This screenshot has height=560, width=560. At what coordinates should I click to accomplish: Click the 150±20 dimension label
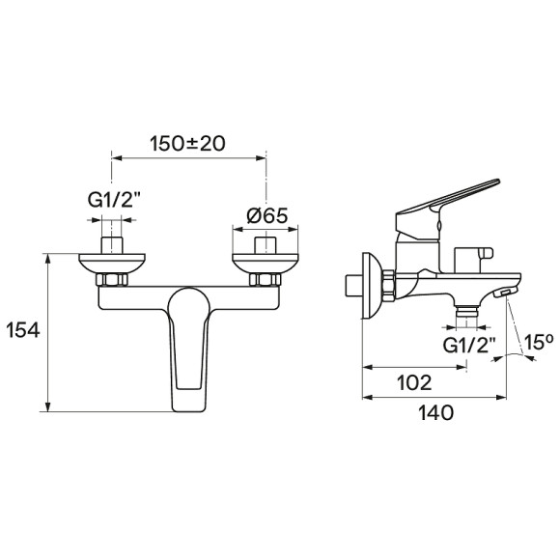(x=188, y=144)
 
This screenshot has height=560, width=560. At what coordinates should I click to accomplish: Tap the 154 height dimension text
(x=23, y=330)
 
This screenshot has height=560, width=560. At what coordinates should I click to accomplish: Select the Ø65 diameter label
(x=267, y=215)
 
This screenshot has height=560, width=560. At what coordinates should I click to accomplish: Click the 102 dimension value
(x=414, y=382)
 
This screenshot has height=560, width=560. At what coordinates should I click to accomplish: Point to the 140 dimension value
(x=435, y=413)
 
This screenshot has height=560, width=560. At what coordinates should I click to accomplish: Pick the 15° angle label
(x=538, y=342)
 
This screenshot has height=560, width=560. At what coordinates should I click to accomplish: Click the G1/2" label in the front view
(x=113, y=201)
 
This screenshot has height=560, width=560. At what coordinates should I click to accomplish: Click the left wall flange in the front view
(x=112, y=264)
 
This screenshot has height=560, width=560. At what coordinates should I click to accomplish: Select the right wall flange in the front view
(x=265, y=264)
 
